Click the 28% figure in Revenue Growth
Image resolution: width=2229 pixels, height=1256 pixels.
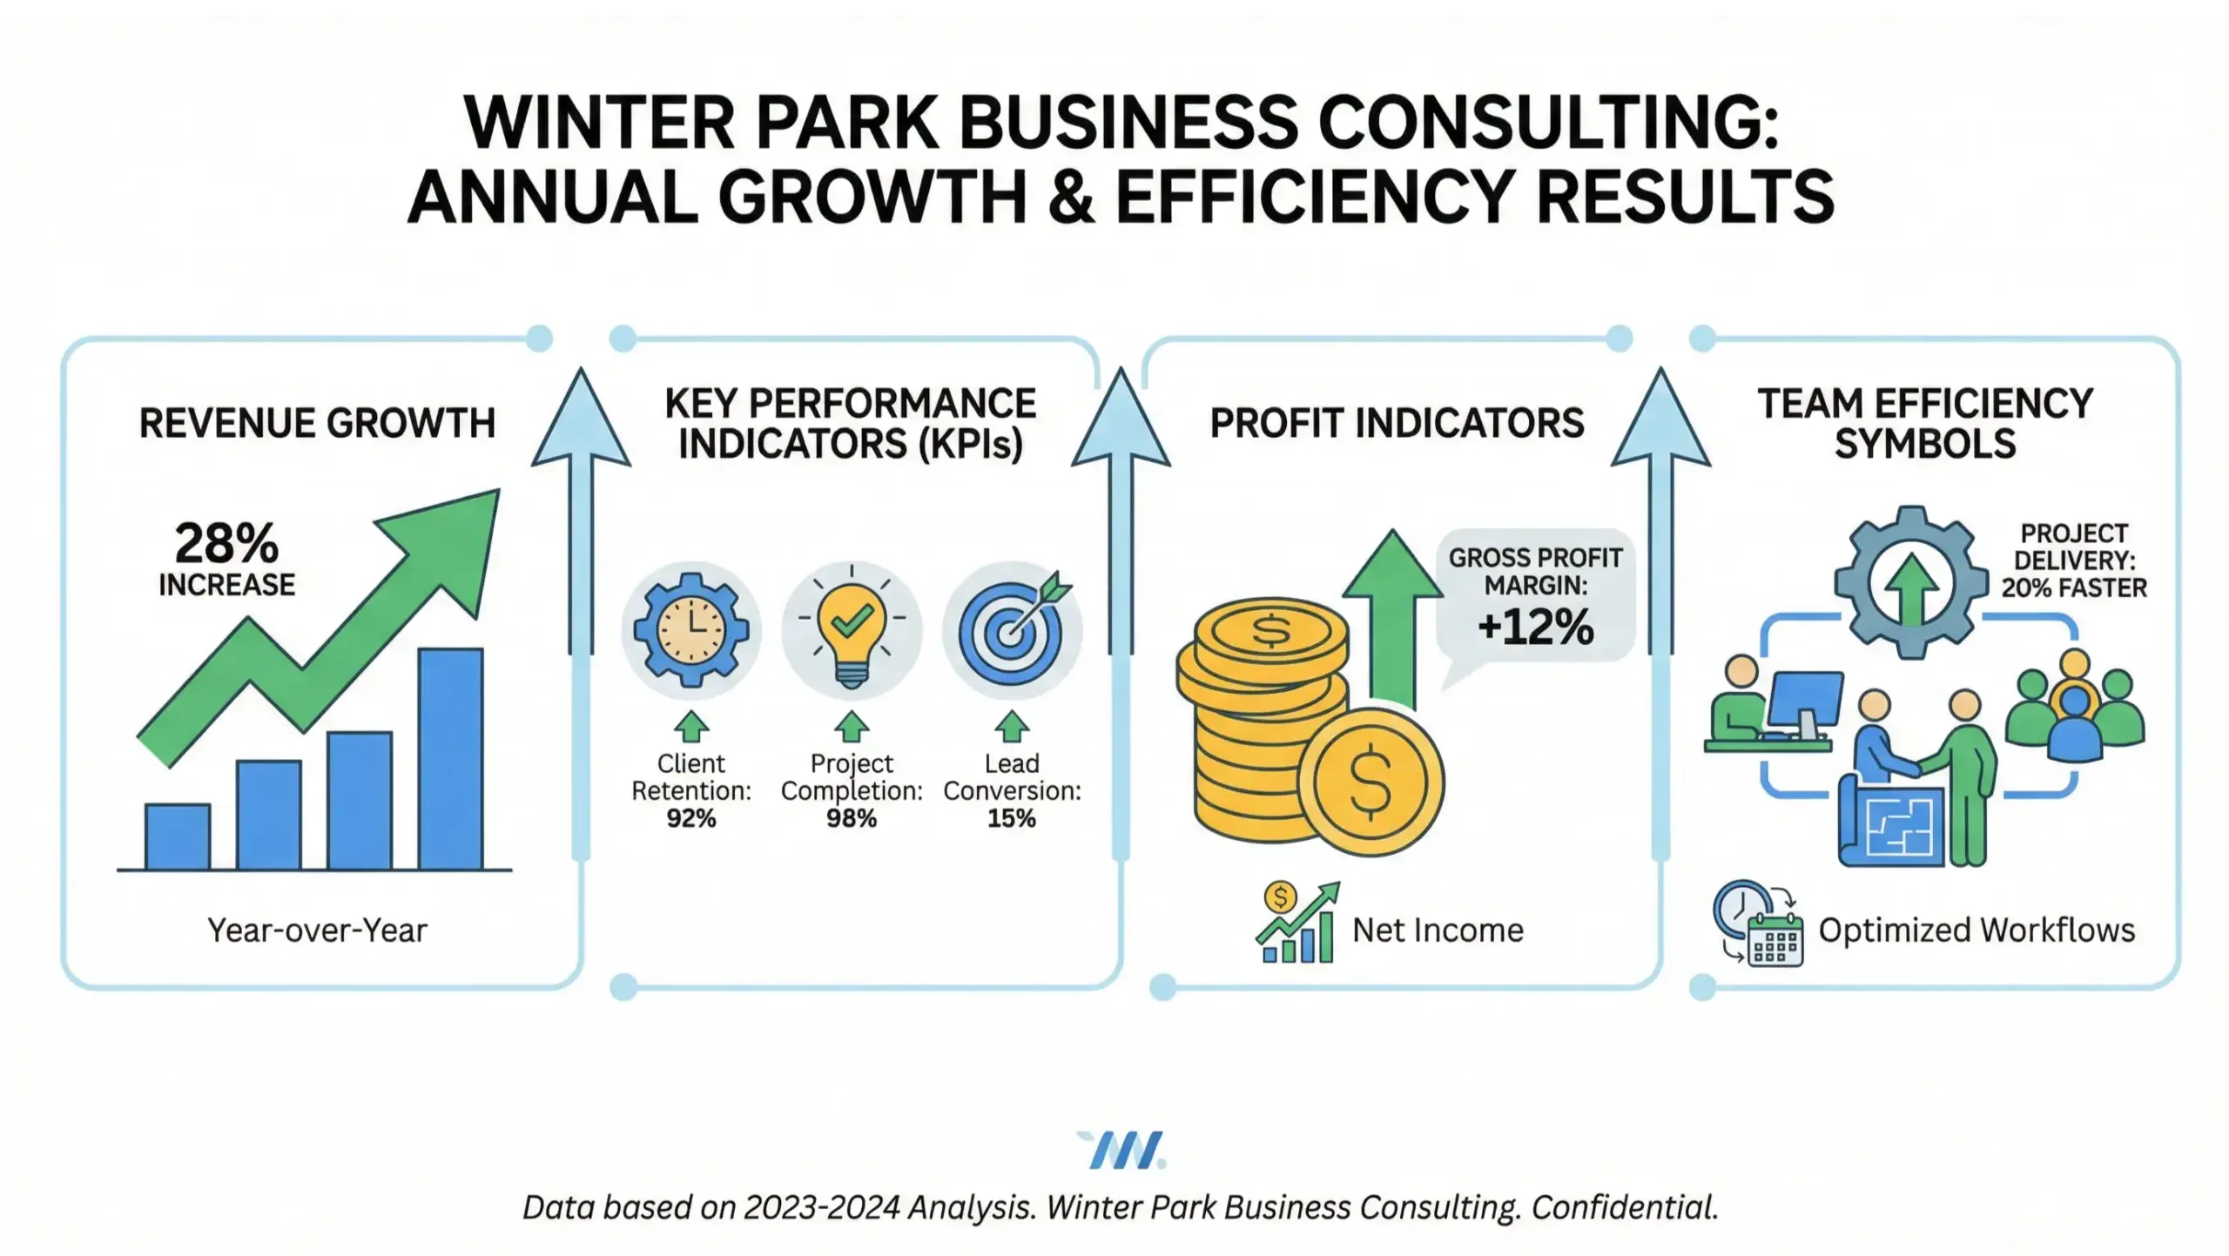[226, 544]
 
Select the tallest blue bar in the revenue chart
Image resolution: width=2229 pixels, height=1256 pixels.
[450, 759]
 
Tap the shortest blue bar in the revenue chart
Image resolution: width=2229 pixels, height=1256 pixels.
[178, 836]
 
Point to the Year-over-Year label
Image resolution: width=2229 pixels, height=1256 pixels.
[317, 930]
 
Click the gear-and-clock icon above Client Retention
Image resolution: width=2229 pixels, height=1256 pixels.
[690, 629]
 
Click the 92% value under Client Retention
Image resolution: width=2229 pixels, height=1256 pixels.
[690, 818]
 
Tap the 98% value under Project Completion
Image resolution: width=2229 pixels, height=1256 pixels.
[852, 818]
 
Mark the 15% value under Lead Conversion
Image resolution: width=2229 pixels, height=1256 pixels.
[1012, 818]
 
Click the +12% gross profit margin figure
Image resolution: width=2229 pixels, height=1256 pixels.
[1535, 627]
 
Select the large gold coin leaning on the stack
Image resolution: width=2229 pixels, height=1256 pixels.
[1370, 782]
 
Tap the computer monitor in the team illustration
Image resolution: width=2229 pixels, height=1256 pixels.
[1808, 701]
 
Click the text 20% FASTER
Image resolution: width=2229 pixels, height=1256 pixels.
[2073, 588]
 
